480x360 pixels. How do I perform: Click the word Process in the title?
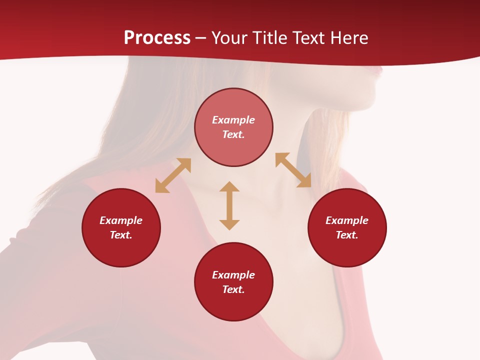coord(157,37)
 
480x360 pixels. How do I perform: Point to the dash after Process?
coord(200,38)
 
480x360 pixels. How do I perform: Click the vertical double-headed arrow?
coord(229,205)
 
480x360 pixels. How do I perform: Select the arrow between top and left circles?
coord(173,175)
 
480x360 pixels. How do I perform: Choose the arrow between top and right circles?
coord(293,170)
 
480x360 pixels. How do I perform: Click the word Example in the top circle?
coord(233,120)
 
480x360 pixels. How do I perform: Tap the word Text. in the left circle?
coord(121,235)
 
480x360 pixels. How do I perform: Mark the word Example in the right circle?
coord(347,220)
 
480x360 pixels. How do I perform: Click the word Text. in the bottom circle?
coord(233,289)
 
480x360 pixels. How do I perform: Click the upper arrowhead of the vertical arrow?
coord(229,186)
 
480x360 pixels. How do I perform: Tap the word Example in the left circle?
coord(121,220)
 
